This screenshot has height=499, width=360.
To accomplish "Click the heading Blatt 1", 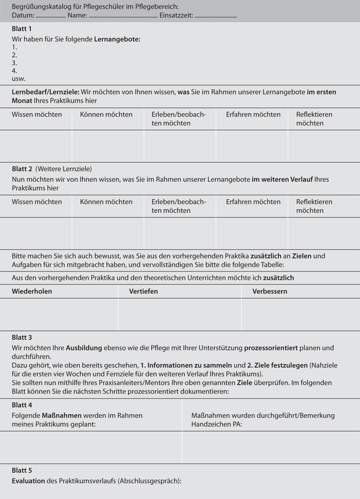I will pos(22,29).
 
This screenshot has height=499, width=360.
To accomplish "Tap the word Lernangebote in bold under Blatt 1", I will pos(117,39).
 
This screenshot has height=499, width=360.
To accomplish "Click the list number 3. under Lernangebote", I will pos(15,63).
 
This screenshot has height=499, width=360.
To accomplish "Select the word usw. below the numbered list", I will pos(18,78).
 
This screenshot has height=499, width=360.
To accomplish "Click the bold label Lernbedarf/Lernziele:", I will pos(46,92).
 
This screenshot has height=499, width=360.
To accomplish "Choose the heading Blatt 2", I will pos(22,169).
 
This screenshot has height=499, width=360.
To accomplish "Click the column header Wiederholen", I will pos(32,291).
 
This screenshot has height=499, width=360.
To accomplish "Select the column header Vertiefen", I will pos(144,291).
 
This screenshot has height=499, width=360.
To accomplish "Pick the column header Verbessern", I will pos(270,291).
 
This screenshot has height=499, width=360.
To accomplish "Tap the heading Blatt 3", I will pos(22,337).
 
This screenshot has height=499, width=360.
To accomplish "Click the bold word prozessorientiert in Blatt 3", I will pos(274,348).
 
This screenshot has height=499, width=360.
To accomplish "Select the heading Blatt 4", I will pos(22,405).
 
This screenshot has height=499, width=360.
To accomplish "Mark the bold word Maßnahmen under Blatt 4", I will pos(60,415).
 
